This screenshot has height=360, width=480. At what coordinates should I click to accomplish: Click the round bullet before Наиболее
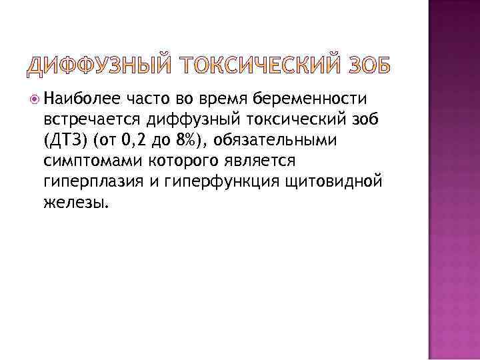point(34,100)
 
